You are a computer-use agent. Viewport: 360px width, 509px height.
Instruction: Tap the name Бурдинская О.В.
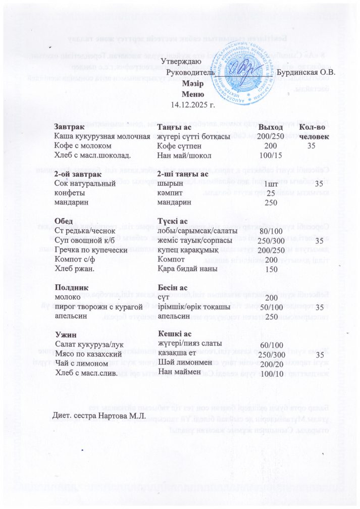click(x=306, y=73)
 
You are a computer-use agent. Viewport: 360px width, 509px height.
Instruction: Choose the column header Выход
click(x=271, y=127)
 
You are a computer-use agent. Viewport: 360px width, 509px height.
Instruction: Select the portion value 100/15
click(x=270, y=155)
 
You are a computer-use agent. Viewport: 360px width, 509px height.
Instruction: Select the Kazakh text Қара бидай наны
click(x=187, y=269)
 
